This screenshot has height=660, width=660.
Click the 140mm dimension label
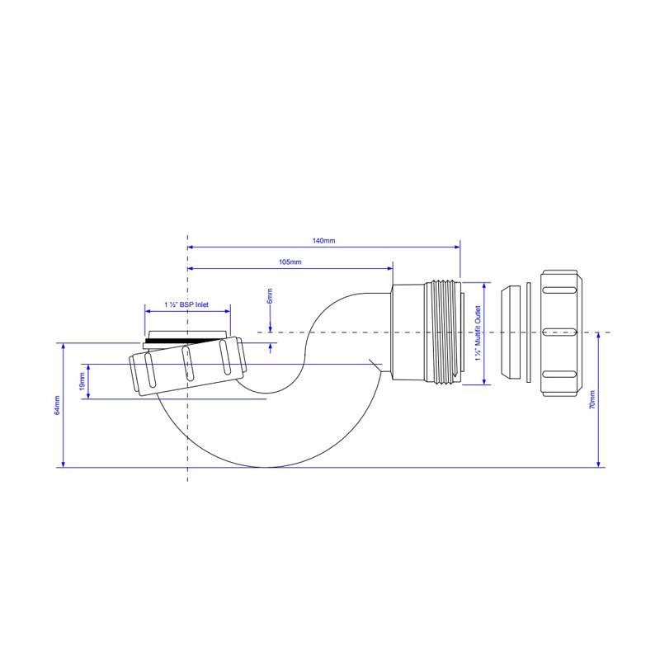(x=323, y=241)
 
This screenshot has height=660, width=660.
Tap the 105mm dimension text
(x=290, y=262)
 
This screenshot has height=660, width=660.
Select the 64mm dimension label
(x=57, y=405)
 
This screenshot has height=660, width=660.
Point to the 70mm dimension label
(x=592, y=400)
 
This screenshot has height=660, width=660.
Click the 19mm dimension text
(x=82, y=381)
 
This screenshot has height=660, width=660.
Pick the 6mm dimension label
(x=270, y=296)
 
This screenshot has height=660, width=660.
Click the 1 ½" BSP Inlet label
(x=186, y=304)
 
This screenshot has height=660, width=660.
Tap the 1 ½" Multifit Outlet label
(x=478, y=333)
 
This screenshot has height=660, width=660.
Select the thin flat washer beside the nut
(x=529, y=333)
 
